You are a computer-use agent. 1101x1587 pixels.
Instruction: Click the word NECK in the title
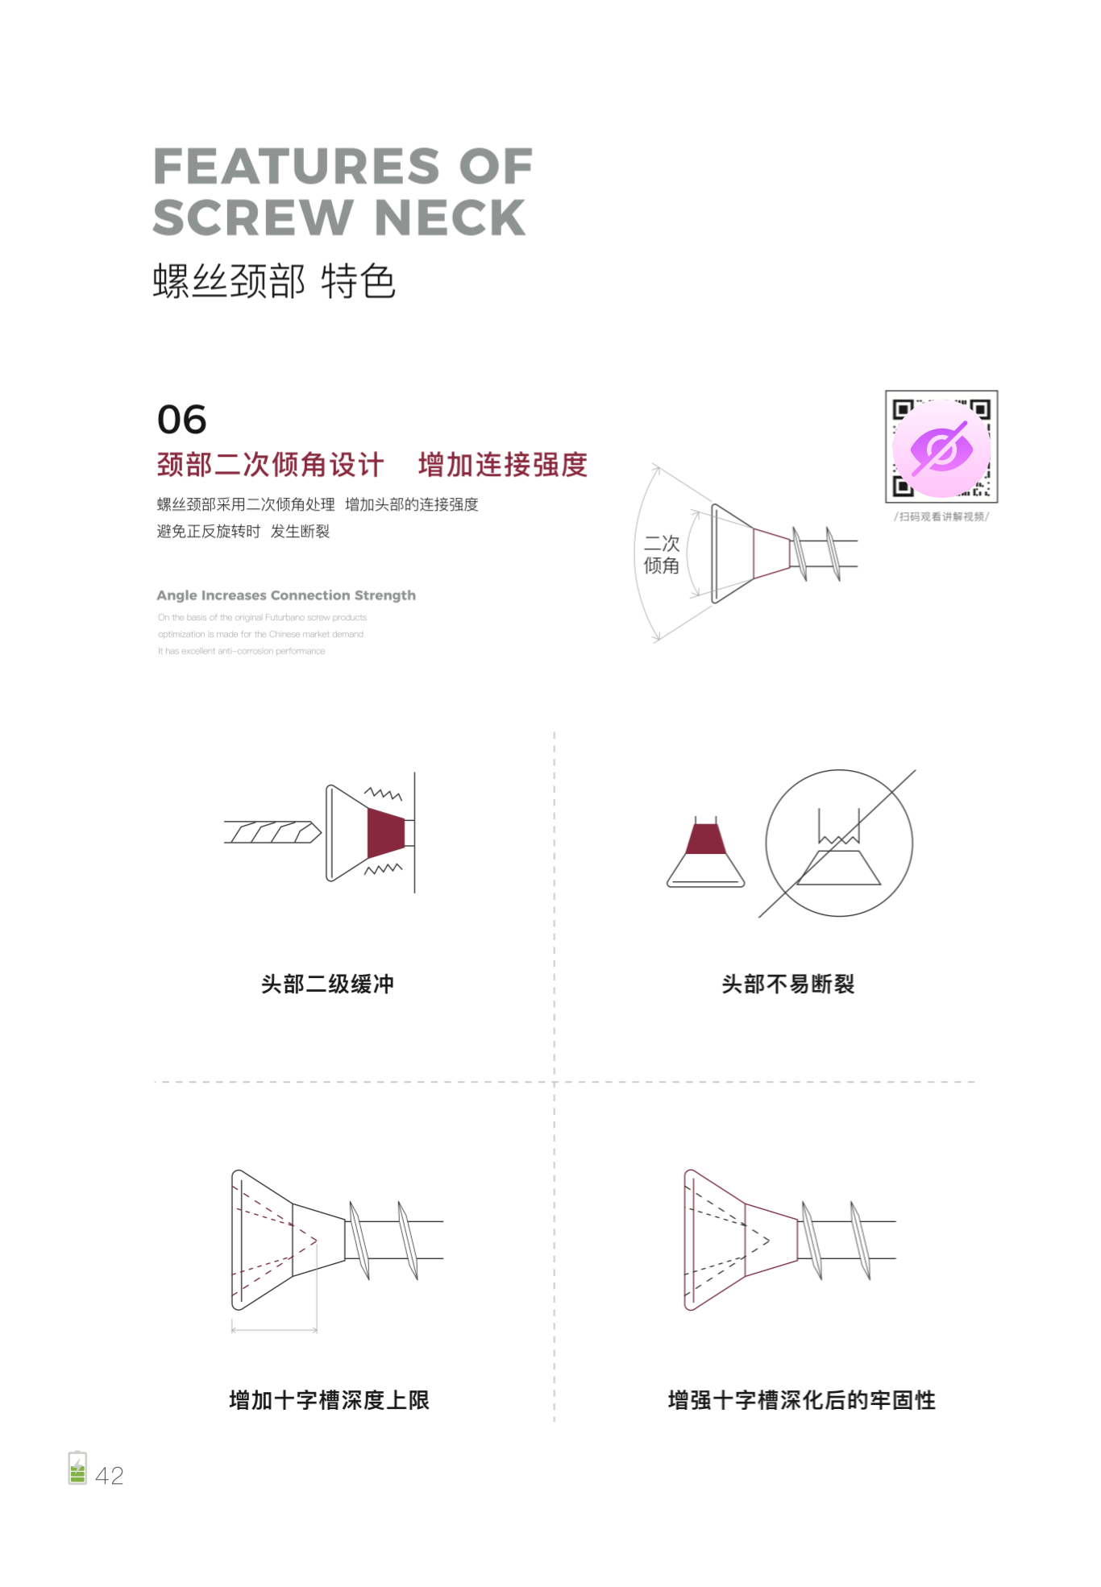450,218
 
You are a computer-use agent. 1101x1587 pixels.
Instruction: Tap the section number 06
181,420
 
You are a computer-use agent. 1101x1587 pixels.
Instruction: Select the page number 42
110,1476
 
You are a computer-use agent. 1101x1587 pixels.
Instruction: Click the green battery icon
77,1468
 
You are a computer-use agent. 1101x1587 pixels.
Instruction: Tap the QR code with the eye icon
941,447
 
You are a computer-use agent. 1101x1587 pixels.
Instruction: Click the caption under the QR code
941,516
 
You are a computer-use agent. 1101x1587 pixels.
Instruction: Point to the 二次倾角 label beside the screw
661,554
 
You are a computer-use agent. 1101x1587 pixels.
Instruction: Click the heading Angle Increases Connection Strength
286,595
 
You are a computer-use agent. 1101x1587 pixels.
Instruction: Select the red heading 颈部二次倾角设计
270,465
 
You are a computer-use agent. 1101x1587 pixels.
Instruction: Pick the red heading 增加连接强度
503,465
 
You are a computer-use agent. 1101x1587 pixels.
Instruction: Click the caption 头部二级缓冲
327,984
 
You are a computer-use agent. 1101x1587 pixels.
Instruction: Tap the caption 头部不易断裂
787,984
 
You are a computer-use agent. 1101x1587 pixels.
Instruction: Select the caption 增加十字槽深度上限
329,1400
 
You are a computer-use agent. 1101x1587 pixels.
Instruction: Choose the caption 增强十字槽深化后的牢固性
801,1400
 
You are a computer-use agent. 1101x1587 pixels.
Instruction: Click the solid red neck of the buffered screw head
384,833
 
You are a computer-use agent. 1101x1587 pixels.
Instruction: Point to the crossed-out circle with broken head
839,843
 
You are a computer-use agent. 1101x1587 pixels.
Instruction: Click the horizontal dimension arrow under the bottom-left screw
274,1330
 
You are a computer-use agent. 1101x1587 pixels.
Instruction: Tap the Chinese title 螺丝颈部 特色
274,282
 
